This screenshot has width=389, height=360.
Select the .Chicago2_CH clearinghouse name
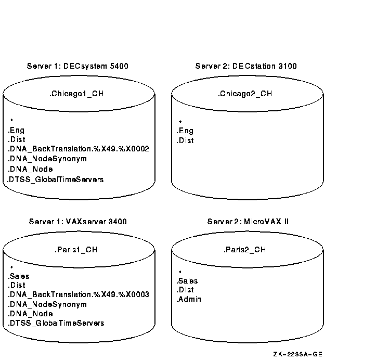click(x=245, y=94)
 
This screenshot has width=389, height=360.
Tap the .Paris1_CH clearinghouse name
click(x=76, y=250)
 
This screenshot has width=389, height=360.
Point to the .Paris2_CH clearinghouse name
click(x=245, y=250)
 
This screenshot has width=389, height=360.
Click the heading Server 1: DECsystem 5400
click(x=77, y=66)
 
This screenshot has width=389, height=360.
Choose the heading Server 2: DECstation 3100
click(x=246, y=66)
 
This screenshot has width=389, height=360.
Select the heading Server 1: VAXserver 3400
click(x=77, y=222)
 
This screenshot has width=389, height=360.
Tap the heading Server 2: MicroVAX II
click(x=248, y=222)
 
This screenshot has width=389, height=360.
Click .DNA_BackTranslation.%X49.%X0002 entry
click(x=79, y=149)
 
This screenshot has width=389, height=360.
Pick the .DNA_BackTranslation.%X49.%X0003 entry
click(x=79, y=295)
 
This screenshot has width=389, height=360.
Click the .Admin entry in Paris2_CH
click(x=189, y=299)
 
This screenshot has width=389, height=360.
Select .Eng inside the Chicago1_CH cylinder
click(x=16, y=131)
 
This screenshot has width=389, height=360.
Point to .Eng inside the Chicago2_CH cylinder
click(x=185, y=131)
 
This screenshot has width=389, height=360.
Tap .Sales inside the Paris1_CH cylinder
click(x=19, y=276)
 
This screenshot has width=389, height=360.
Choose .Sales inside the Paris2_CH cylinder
click(x=187, y=281)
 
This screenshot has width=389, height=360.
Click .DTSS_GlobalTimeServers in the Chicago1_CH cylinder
click(x=56, y=179)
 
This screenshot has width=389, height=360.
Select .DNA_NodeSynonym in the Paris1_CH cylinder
click(x=47, y=304)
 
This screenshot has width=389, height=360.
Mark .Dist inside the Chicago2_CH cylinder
click(x=185, y=140)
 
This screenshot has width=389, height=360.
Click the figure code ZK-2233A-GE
click(x=297, y=354)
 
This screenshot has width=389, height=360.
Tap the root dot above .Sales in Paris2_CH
click(x=180, y=272)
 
